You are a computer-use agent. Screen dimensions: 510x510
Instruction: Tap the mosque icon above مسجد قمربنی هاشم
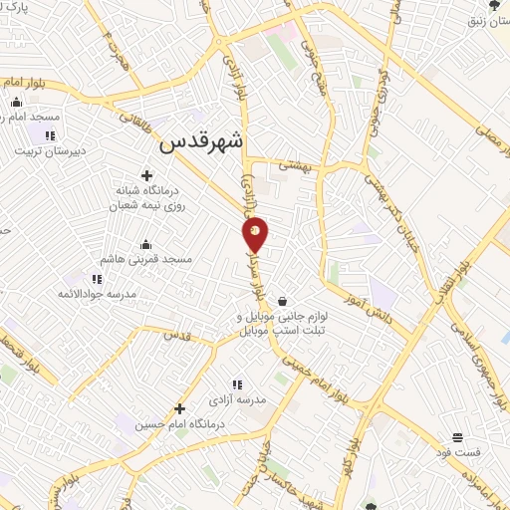[x=145, y=244]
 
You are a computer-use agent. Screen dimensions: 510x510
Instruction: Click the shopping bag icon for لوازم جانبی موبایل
[x=284, y=301]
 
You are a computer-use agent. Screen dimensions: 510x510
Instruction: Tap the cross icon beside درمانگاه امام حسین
[x=179, y=408]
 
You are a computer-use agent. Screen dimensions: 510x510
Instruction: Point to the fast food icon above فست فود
[x=457, y=437]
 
